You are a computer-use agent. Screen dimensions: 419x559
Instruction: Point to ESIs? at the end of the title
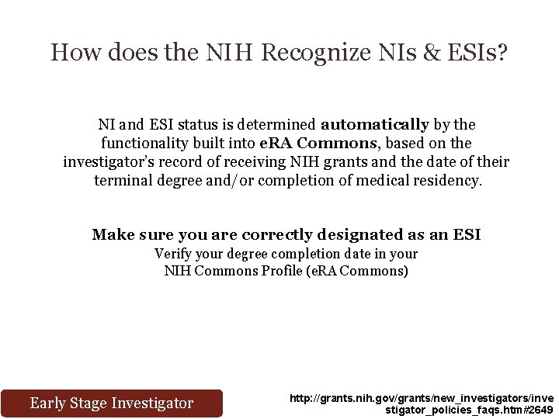pos(477,53)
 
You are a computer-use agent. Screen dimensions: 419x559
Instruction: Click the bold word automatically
pos(374,124)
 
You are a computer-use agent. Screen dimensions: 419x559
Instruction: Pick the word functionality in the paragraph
pos(148,143)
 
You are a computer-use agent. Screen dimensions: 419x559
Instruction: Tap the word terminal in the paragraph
pos(121,181)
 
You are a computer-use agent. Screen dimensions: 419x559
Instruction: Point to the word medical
pos(363,181)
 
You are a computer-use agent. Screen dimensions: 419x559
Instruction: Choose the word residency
pos(450,181)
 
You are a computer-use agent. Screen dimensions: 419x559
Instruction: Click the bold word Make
pos(113,234)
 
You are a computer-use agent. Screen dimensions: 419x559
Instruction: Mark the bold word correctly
pos(277,234)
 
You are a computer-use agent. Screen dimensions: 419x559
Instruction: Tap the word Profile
pos(261,271)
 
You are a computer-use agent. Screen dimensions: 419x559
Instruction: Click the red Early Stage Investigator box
pos(111,403)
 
